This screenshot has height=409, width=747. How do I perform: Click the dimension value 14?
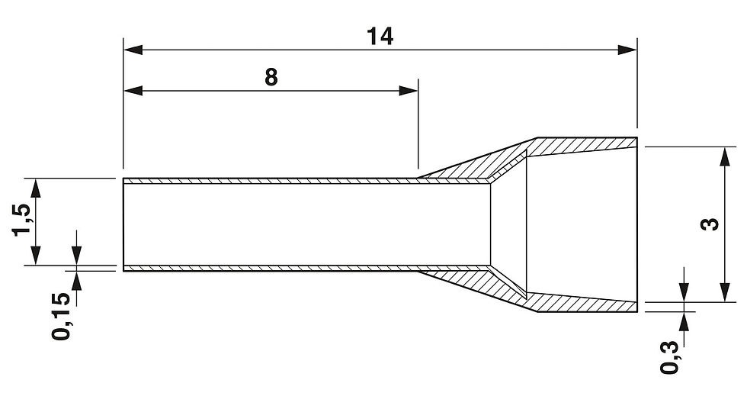(x=379, y=35)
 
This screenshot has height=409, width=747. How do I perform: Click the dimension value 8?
(x=271, y=76)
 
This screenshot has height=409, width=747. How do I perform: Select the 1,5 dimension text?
(x=23, y=221)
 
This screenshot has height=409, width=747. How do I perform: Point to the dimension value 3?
(x=711, y=224)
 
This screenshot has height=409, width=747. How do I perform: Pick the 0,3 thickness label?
(x=670, y=356)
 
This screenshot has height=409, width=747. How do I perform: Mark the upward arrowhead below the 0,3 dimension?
(x=685, y=319)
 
